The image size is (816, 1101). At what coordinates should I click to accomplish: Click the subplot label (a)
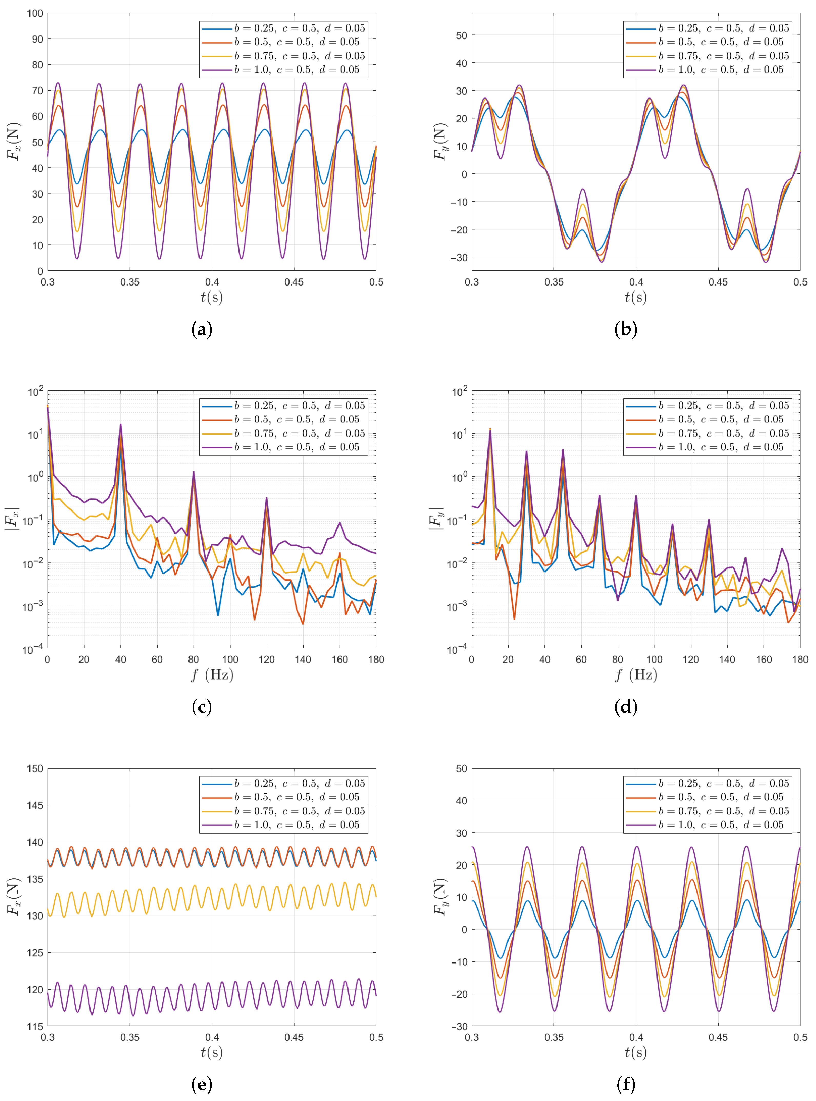coord(202,329)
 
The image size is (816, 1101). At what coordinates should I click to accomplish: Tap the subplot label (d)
coord(626,707)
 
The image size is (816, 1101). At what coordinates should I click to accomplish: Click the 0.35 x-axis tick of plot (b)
coord(554,282)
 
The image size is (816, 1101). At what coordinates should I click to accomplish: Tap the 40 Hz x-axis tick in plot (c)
coord(121,660)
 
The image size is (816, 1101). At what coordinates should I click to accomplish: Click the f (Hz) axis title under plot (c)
coord(212,675)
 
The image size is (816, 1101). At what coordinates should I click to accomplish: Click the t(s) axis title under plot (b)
coord(636,297)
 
